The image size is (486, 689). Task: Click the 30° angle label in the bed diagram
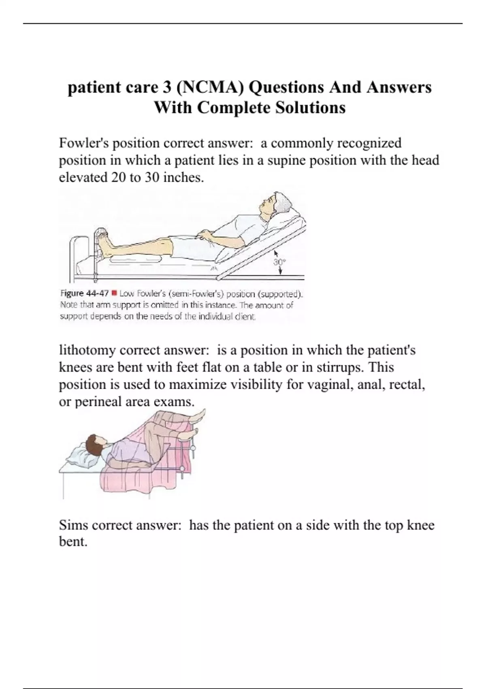[x=279, y=262]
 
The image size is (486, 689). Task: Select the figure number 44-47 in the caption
[x=97, y=293]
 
